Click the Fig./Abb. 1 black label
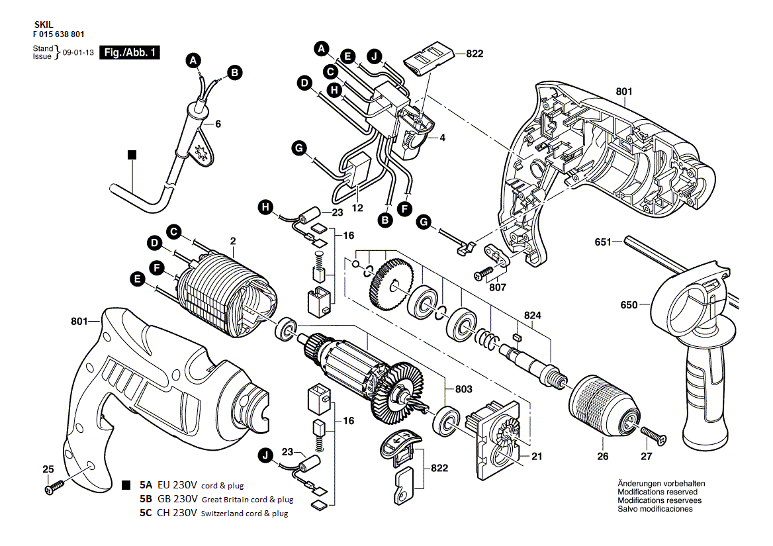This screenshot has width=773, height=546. point(130,53)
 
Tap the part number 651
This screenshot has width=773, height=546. point(603,242)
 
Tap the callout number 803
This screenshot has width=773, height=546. point(463,389)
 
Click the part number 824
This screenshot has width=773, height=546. point(533,316)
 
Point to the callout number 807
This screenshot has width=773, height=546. point(498,288)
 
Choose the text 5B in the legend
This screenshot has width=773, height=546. point(146,499)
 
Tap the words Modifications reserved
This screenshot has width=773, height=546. point(657,492)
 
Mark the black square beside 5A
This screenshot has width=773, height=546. point(126,485)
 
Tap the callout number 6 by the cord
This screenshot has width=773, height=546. point(217,124)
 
